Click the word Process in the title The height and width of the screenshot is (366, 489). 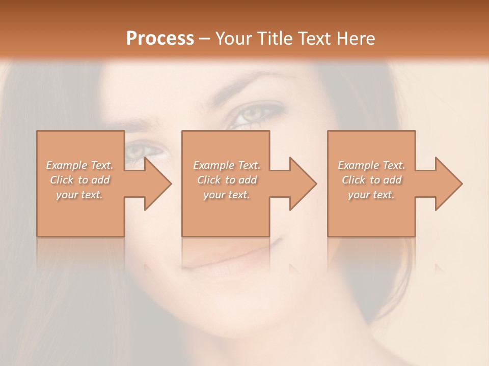[160, 38]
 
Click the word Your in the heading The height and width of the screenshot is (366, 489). [233, 38]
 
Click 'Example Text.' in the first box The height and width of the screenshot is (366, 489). [79, 165]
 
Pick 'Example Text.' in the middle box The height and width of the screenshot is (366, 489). [227, 165]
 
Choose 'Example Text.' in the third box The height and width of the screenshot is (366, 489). [371, 165]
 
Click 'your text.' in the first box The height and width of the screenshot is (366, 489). [79, 195]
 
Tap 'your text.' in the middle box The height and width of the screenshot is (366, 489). [227, 195]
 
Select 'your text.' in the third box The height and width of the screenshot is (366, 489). [371, 195]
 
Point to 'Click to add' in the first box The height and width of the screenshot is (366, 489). [79, 180]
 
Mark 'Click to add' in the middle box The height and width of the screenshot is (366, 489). [227, 180]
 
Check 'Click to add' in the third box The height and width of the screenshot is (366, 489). [371, 180]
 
